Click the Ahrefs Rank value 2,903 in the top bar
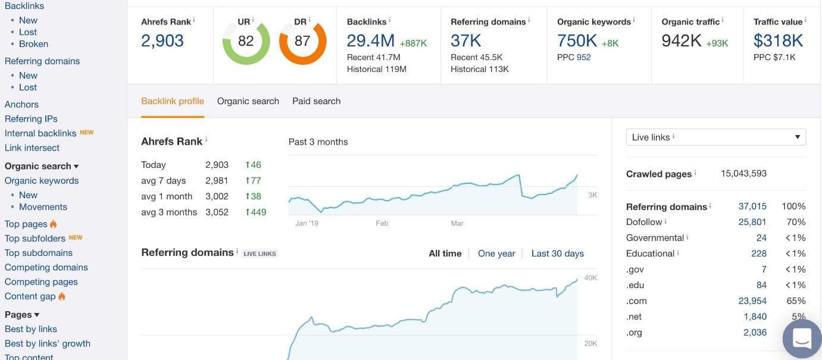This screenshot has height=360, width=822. (x=162, y=41)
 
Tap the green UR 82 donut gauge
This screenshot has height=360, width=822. (x=246, y=41)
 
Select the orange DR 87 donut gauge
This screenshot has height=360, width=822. (x=302, y=41)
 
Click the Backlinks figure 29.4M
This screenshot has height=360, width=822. (x=371, y=41)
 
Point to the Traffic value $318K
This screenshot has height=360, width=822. (x=778, y=41)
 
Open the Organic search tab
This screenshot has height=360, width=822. (x=248, y=101)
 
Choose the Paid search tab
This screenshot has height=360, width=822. (x=316, y=101)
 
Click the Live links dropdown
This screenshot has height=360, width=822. (x=715, y=137)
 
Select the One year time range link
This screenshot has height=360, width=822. (x=496, y=253)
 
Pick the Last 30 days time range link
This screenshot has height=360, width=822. (x=557, y=253)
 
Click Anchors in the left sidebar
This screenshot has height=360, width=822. (x=21, y=105)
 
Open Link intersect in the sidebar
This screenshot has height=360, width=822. (x=32, y=148)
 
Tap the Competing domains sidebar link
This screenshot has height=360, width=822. (x=46, y=268)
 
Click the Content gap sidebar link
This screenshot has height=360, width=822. (x=30, y=296)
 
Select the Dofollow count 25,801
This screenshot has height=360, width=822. (x=752, y=222)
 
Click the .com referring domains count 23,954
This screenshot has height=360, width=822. (x=752, y=301)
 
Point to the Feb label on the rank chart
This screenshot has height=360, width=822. (x=382, y=224)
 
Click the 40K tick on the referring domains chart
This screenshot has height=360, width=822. (x=590, y=278)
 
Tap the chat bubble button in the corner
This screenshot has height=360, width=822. (x=802, y=339)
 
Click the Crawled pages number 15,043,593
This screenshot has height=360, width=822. (x=743, y=174)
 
